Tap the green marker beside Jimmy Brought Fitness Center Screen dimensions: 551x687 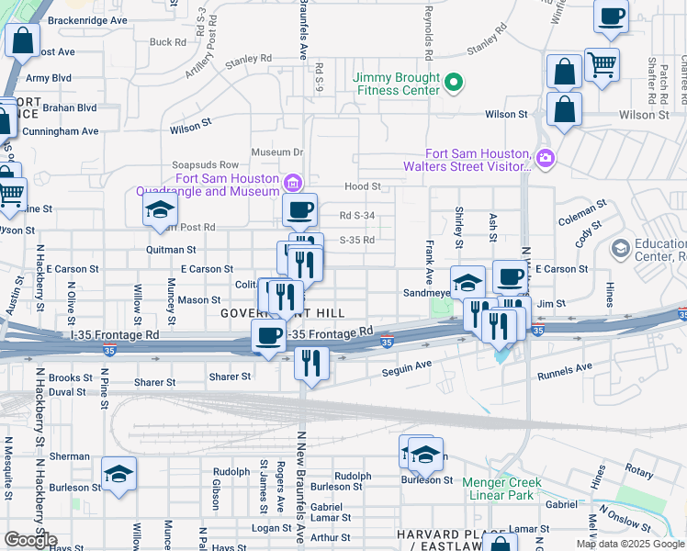[x=453, y=85]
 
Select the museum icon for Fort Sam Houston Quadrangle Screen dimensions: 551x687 [x=293, y=182]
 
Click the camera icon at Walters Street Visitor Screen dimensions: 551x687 [x=546, y=159]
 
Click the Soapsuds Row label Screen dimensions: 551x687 [x=199, y=165]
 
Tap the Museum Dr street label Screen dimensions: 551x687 [x=277, y=152]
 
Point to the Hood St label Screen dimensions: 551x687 [x=363, y=186]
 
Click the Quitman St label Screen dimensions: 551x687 [x=171, y=250]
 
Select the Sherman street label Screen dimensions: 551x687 [x=70, y=456]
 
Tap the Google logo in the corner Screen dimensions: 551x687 [x=30, y=540]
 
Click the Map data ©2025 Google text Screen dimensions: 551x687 [x=630, y=544]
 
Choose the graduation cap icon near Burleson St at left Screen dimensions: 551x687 [x=119, y=474]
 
